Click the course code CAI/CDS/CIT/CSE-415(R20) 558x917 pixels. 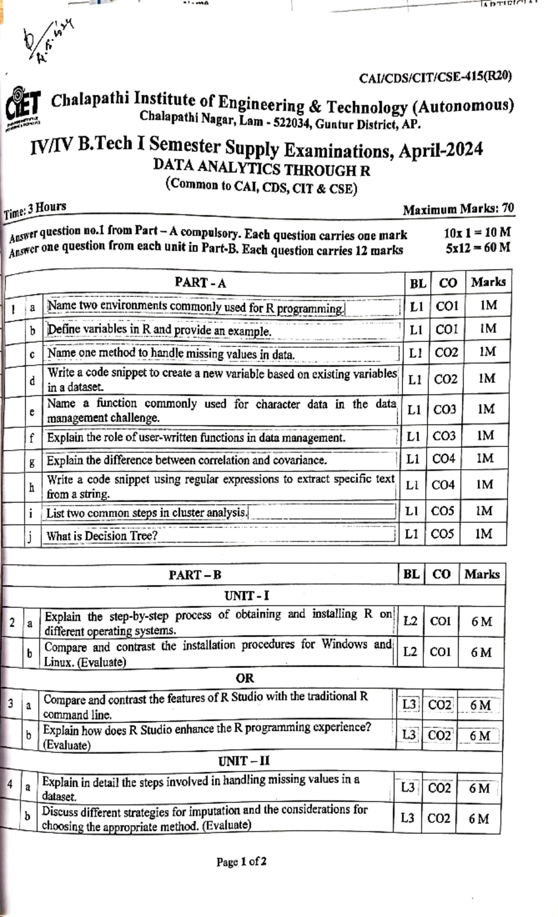point(435,77)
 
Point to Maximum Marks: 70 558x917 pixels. point(458,210)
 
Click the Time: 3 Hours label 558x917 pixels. point(35,210)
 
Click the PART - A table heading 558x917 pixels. point(200,282)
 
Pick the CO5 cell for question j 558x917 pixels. point(442,534)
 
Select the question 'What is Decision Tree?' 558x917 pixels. point(102,536)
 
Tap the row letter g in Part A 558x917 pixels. point(32,462)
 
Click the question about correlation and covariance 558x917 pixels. point(186,460)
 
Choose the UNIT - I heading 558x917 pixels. point(246,595)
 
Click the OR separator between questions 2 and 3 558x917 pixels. point(245,678)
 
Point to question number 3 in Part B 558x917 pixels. point(10,703)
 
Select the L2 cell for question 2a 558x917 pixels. point(410,621)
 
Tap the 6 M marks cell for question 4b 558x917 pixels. point(478,818)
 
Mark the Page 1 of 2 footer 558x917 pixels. point(241,862)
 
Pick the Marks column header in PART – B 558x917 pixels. point(482,574)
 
